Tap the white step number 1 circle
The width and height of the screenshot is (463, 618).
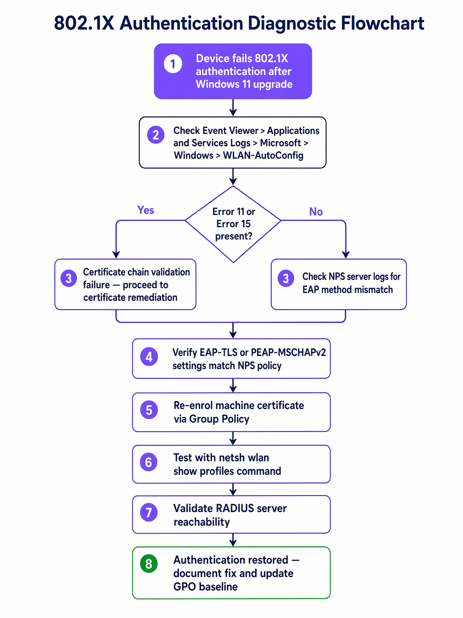[173, 64]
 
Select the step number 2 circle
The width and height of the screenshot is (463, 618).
[156, 135]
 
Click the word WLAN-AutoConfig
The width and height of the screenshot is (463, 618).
[263, 155]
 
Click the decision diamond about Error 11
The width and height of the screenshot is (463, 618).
[233, 224]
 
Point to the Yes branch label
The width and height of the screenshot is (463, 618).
[146, 210]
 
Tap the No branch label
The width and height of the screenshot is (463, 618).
[316, 212]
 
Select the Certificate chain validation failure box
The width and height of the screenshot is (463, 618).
[125, 284]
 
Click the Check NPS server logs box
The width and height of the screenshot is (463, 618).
[338, 284]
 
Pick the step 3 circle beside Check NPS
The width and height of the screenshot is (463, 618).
[285, 278]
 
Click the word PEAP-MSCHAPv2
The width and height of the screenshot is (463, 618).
[288, 352]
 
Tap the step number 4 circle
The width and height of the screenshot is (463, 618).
[149, 357]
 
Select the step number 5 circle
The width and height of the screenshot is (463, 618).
[149, 410]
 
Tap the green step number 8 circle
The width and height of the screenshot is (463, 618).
[149, 564]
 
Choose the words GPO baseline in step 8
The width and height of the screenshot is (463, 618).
[205, 587]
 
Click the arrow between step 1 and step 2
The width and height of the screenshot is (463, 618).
[233, 108]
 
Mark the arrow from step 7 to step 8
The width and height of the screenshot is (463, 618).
[233, 540]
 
